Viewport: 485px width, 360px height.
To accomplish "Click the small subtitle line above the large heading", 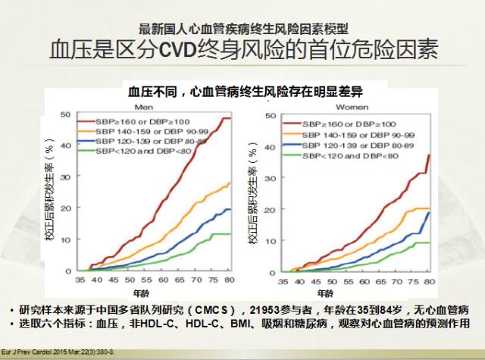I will point(244,29).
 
